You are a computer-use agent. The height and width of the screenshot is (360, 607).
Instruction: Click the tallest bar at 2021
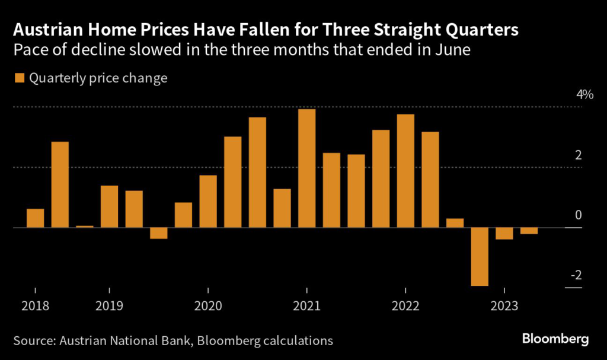click(306, 168)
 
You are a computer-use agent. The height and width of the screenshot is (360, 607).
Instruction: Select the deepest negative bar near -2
click(480, 257)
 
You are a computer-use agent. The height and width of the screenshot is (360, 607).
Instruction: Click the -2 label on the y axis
click(574, 276)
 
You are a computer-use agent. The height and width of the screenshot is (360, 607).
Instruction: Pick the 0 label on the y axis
click(578, 215)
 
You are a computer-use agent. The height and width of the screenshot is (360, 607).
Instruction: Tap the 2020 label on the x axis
click(208, 306)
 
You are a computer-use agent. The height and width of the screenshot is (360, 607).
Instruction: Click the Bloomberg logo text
click(555, 339)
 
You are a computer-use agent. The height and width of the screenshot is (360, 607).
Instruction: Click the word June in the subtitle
click(452, 50)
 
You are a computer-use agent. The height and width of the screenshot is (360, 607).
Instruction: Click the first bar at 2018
click(36, 218)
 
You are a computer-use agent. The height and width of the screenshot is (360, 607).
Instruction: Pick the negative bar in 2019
click(159, 233)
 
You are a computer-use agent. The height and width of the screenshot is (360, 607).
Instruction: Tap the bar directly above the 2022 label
click(405, 171)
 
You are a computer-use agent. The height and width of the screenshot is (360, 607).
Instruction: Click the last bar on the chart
click(529, 231)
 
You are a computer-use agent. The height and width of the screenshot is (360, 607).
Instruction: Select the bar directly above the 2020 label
click(208, 202)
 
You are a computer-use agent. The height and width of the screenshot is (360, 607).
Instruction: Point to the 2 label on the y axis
click(578, 155)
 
